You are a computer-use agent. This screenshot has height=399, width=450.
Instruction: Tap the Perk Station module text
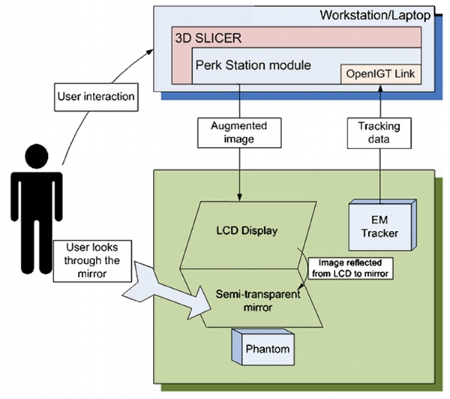coord(252,66)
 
